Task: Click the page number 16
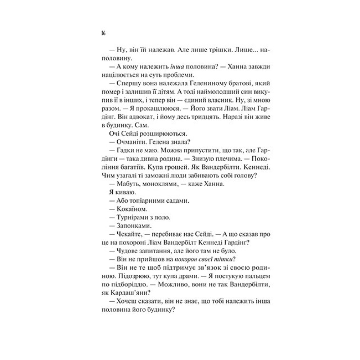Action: coord(103,33)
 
